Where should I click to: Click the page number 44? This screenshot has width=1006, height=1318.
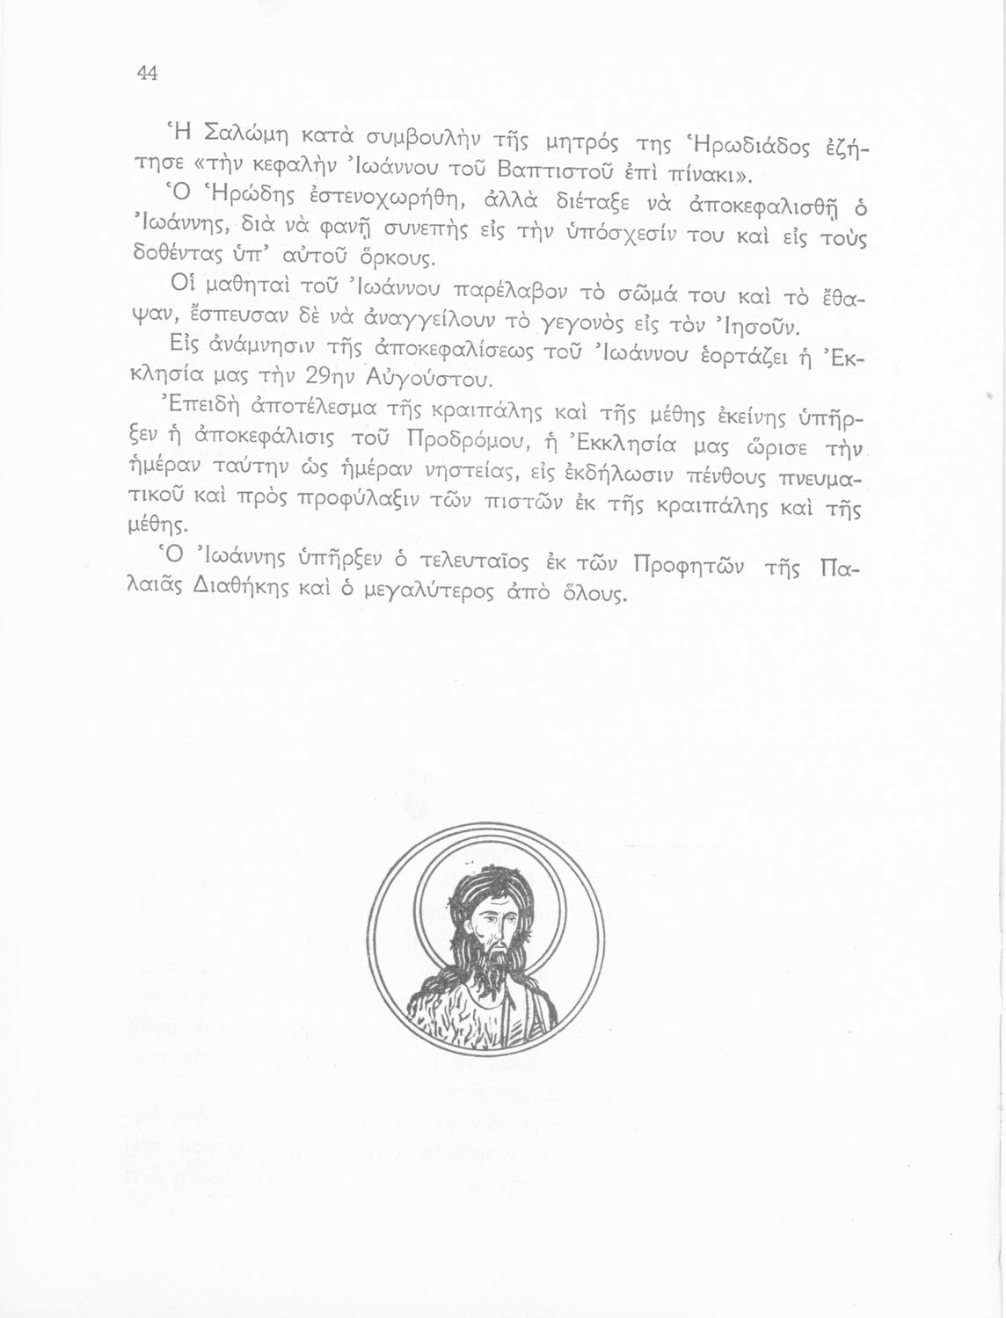147,74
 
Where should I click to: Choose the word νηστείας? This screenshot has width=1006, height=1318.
463,475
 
